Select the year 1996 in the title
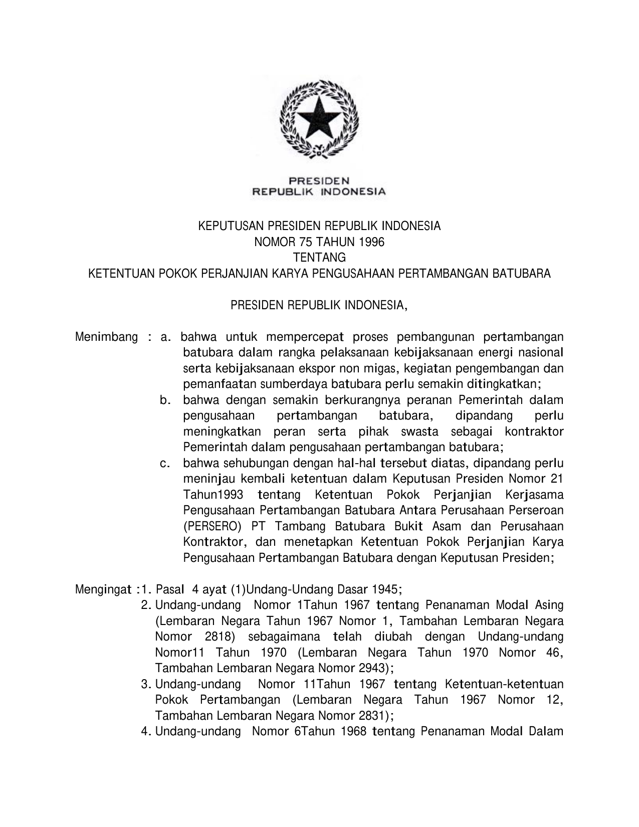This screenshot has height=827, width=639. click(x=371, y=242)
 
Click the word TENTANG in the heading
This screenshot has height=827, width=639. click(x=319, y=258)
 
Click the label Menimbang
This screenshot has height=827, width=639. click(x=106, y=337)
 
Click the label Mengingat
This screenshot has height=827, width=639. click(x=104, y=588)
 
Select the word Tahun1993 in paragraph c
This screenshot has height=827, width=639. click(x=213, y=495)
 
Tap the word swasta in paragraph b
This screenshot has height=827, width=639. click(x=419, y=432)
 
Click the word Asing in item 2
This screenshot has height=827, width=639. click(x=549, y=605)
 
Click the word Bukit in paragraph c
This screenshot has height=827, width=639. click(x=410, y=527)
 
